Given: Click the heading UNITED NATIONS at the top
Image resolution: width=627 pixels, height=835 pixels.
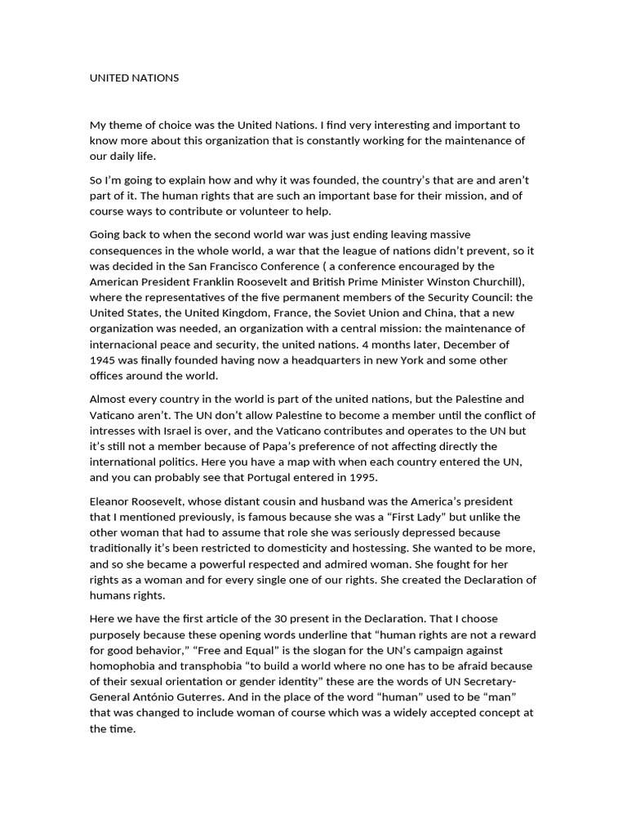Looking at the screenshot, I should coord(134,78).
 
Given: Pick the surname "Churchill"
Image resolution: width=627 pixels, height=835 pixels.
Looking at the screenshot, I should coord(500,281).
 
